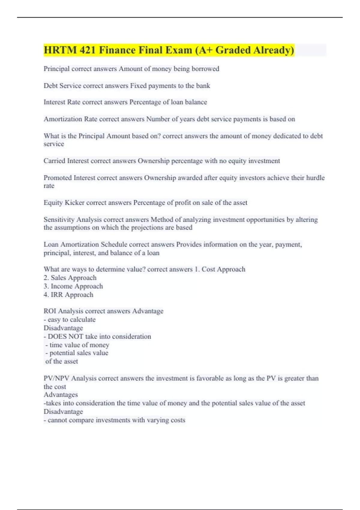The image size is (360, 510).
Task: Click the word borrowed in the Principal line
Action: click(205, 69)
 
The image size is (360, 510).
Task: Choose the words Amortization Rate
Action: click(70, 119)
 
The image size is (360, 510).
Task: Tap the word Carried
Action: click(54, 161)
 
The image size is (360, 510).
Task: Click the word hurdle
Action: click(315, 178)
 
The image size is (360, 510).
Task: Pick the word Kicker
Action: click(75, 203)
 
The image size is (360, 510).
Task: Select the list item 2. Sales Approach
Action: click(70, 278)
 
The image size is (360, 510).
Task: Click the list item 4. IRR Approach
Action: click(68, 295)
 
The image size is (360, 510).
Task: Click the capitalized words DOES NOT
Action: click(65, 337)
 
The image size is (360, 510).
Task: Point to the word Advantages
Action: click(61, 395)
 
